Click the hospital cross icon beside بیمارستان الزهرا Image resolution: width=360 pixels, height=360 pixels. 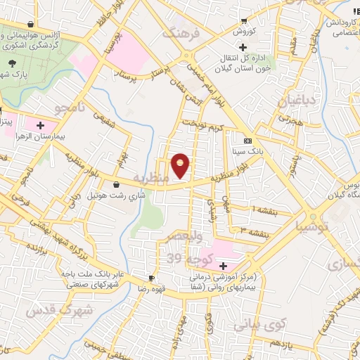point(39,124)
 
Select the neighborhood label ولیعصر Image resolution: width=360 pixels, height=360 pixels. point(188,237)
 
